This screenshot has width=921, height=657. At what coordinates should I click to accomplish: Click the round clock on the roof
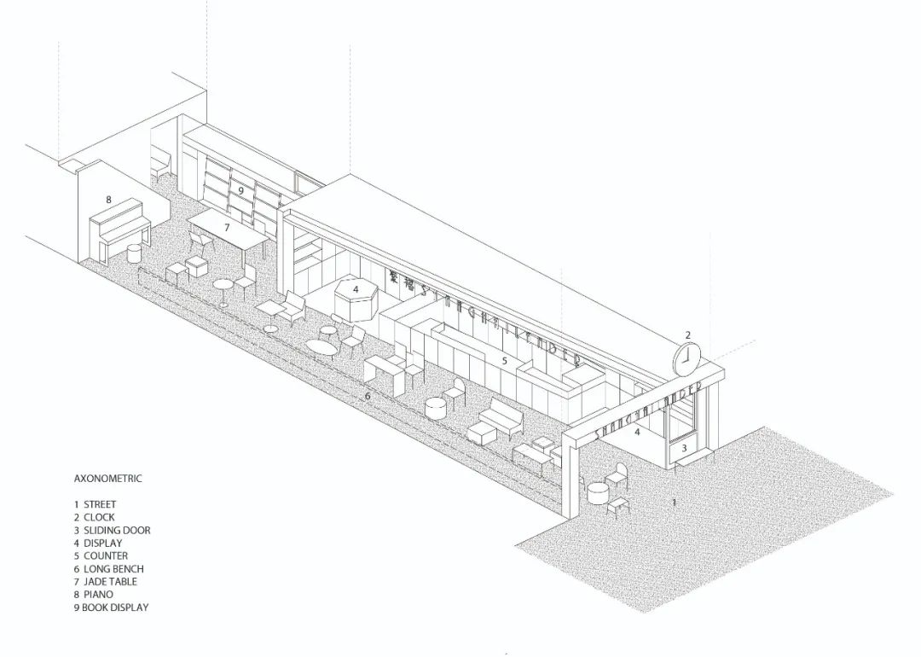coord(686,359)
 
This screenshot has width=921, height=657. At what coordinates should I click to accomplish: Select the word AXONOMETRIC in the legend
coord(107,479)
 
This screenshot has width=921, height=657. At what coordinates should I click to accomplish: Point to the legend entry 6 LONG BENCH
coord(108,568)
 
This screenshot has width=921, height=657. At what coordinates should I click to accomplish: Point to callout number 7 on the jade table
coord(227,228)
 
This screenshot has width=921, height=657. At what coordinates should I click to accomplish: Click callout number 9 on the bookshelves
coord(241,190)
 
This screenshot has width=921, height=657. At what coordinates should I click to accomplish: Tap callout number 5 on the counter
coord(505,361)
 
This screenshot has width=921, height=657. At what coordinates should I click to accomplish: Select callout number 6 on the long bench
coord(368,397)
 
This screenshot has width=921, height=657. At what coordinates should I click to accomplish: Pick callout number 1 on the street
coord(674,503)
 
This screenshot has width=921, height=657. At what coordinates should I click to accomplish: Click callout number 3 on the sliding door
coord(684,448)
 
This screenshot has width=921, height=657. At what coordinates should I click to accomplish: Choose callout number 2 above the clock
coord(688,335)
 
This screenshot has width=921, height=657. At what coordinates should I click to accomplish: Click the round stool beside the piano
coord(134,253)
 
